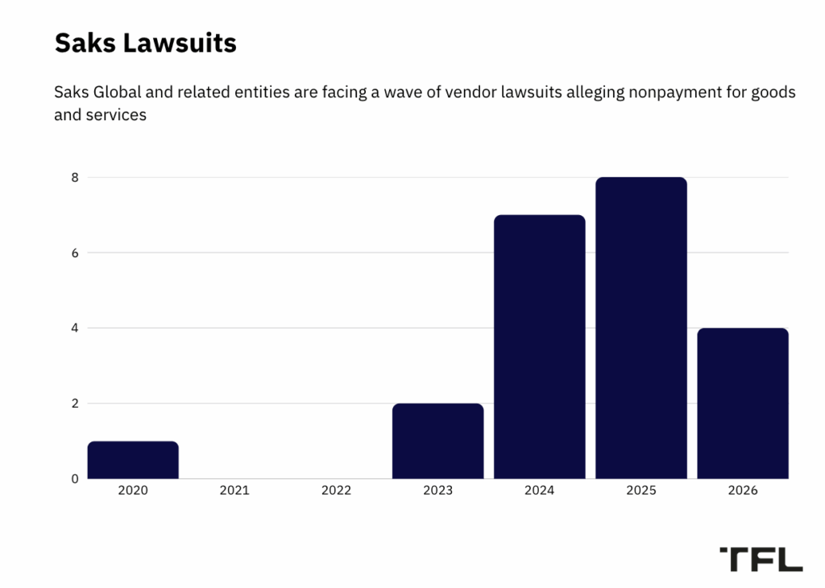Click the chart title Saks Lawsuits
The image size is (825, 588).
pyautogui.click(x=145, y=43)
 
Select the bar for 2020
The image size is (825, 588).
pyautogui.click(x=133, y=460)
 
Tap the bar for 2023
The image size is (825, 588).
pyautogui.click(x=437, y=441)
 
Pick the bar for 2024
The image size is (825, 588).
pyautogui.click(x=539, y=346)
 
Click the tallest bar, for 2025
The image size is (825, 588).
pyautogui.click(x=641, y=328)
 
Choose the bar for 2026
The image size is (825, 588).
pyautogui.click(x=742, y=403)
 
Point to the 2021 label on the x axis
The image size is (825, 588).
pyautogui.click(x=234, y=490)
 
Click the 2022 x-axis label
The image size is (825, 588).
pyautogui.click(x=336, y=490)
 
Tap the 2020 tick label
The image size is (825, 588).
pyautogui.click(x=133, y=490)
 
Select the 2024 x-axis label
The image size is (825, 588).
pyautogui.click(x=539, y=490)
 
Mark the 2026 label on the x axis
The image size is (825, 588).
pyautogui.click(x=742, y=490)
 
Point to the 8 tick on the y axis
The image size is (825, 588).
pyautogui.click(x=74, y=177)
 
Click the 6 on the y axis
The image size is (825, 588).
pyautogui.click(x=74, y=253)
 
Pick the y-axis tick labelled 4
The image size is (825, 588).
pyautogui.click(x=74, y=328)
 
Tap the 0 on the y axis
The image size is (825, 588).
pyautogui.click(x=74, y=478)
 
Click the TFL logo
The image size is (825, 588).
pyautogui.click(x=761, y=558)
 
